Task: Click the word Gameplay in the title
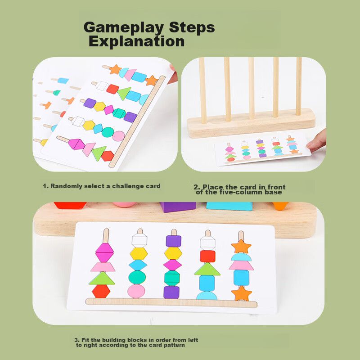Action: [x=123, y=28]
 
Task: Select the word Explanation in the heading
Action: [x=137, y=41]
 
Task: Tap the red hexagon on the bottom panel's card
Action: [x=101, y=291]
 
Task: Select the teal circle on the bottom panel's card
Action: [x=137, y=277]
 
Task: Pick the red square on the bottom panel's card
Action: [x=207, y=256]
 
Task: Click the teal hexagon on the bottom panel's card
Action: [x=172, y=278]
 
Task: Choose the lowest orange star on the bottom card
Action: [x=242, y=293]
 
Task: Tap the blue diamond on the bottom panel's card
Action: [x=138, y=265]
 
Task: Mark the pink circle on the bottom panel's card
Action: [x=136, y=291]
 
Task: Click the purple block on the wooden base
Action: [x=178, y=207]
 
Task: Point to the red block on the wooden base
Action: [x=70, y=205]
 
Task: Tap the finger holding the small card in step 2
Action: [x=317, y=140]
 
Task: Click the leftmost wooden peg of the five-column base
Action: [x=202, y=90]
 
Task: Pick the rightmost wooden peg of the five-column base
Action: [x=299, y=86]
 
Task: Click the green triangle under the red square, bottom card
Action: [x=207, y=269]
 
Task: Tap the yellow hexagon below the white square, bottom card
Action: [x=139, y=253]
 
